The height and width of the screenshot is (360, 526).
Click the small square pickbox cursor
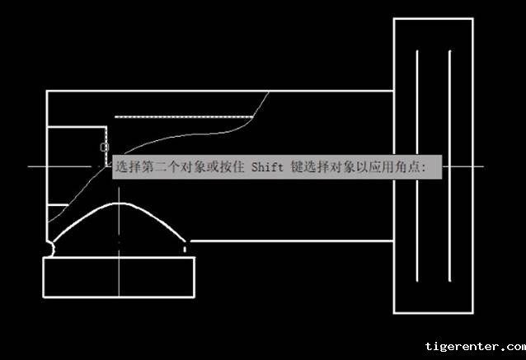pyautogui.click(x=104, y=147)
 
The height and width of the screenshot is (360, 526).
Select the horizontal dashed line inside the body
pyautogui.click(x=181, y=117)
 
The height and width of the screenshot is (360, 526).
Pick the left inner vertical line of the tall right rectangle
pyautogui.click(x=417, y=165)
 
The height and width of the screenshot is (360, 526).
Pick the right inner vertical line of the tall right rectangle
pyautogui.click(x=449, y=165)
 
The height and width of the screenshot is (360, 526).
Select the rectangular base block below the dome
pyautogui.click(x=119, y=276)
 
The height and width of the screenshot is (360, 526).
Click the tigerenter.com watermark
pyautogui.click(x=475, y=347)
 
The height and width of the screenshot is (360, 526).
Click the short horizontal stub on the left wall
pyautogui.click(x=58, y=204)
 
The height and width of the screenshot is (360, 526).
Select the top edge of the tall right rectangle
pyautogui.click(x=433, y=18)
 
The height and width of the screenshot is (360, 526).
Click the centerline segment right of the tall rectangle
pyautogui.click(x=477, y=167)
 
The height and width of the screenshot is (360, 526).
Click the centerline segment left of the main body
pyautogui.click(x=37, y=167)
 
